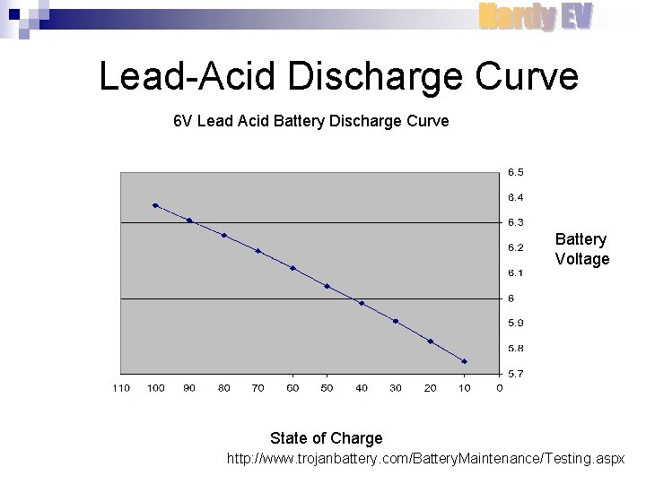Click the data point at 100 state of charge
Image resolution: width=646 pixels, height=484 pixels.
pos(155,205)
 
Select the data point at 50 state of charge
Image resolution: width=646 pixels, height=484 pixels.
pos(327,286)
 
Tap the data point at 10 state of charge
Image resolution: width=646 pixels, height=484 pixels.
pos(465,361)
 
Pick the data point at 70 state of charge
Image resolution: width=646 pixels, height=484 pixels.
pos(258,251)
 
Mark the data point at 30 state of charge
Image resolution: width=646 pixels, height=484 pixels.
pos(396,321)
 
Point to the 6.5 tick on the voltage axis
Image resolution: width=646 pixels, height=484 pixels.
pos(517,172)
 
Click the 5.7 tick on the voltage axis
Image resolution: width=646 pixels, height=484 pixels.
pos(517,373)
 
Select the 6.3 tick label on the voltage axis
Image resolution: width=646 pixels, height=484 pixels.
pos(517,222)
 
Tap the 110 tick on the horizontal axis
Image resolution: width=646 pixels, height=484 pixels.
pos(121,388)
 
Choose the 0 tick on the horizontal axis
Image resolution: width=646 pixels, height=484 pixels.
pos(500,388)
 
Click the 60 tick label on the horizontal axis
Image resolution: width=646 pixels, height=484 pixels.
pos(292,388)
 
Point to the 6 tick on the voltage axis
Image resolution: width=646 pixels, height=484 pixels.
pos(511,298)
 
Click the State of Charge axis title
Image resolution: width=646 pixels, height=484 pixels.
pos(326,438)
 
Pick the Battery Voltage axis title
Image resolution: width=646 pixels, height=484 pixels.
pos(581,249)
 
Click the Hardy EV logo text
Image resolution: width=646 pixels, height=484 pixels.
pos(535,16)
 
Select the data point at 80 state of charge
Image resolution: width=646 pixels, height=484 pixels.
pos(224,235)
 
